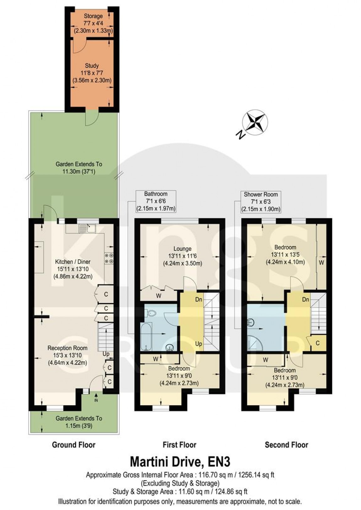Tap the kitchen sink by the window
88,228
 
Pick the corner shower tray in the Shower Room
255,343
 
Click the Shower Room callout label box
261,202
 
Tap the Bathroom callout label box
156,201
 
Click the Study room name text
92,66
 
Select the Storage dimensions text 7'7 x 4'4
93,23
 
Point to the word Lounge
182,249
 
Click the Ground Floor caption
74,445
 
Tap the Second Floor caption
287,445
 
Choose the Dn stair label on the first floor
199,299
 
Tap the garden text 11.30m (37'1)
79,171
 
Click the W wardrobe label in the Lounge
159,296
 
